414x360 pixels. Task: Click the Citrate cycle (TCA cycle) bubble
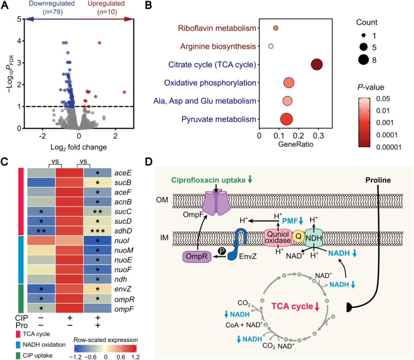click(x=316, y=64)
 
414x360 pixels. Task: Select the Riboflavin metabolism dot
click(x=276, y=28)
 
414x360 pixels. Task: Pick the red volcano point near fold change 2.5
click(x=124, y=92)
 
